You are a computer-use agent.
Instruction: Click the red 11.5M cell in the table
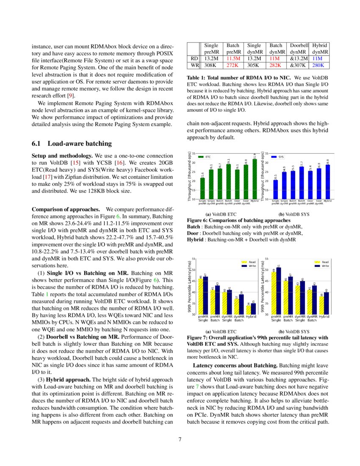pyautogui.click(x=233, y=58)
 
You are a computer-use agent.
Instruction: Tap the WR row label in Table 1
pyautogui.click(x=194, y=66)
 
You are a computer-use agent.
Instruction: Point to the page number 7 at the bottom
pyautogui.click(x=180, y=439)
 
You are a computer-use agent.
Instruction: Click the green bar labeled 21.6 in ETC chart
pyautogui.click(x=202, y=188)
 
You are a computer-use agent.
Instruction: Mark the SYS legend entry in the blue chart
pyautogui.click(x=277, y=157)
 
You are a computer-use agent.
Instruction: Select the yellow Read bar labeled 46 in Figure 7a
pyautogui.click(x=201, y=297)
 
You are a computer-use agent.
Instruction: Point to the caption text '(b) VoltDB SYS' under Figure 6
pyautogui.click(x=294, y=214)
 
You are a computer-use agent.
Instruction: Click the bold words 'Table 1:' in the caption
pyautogui.click(x=197, y=78)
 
